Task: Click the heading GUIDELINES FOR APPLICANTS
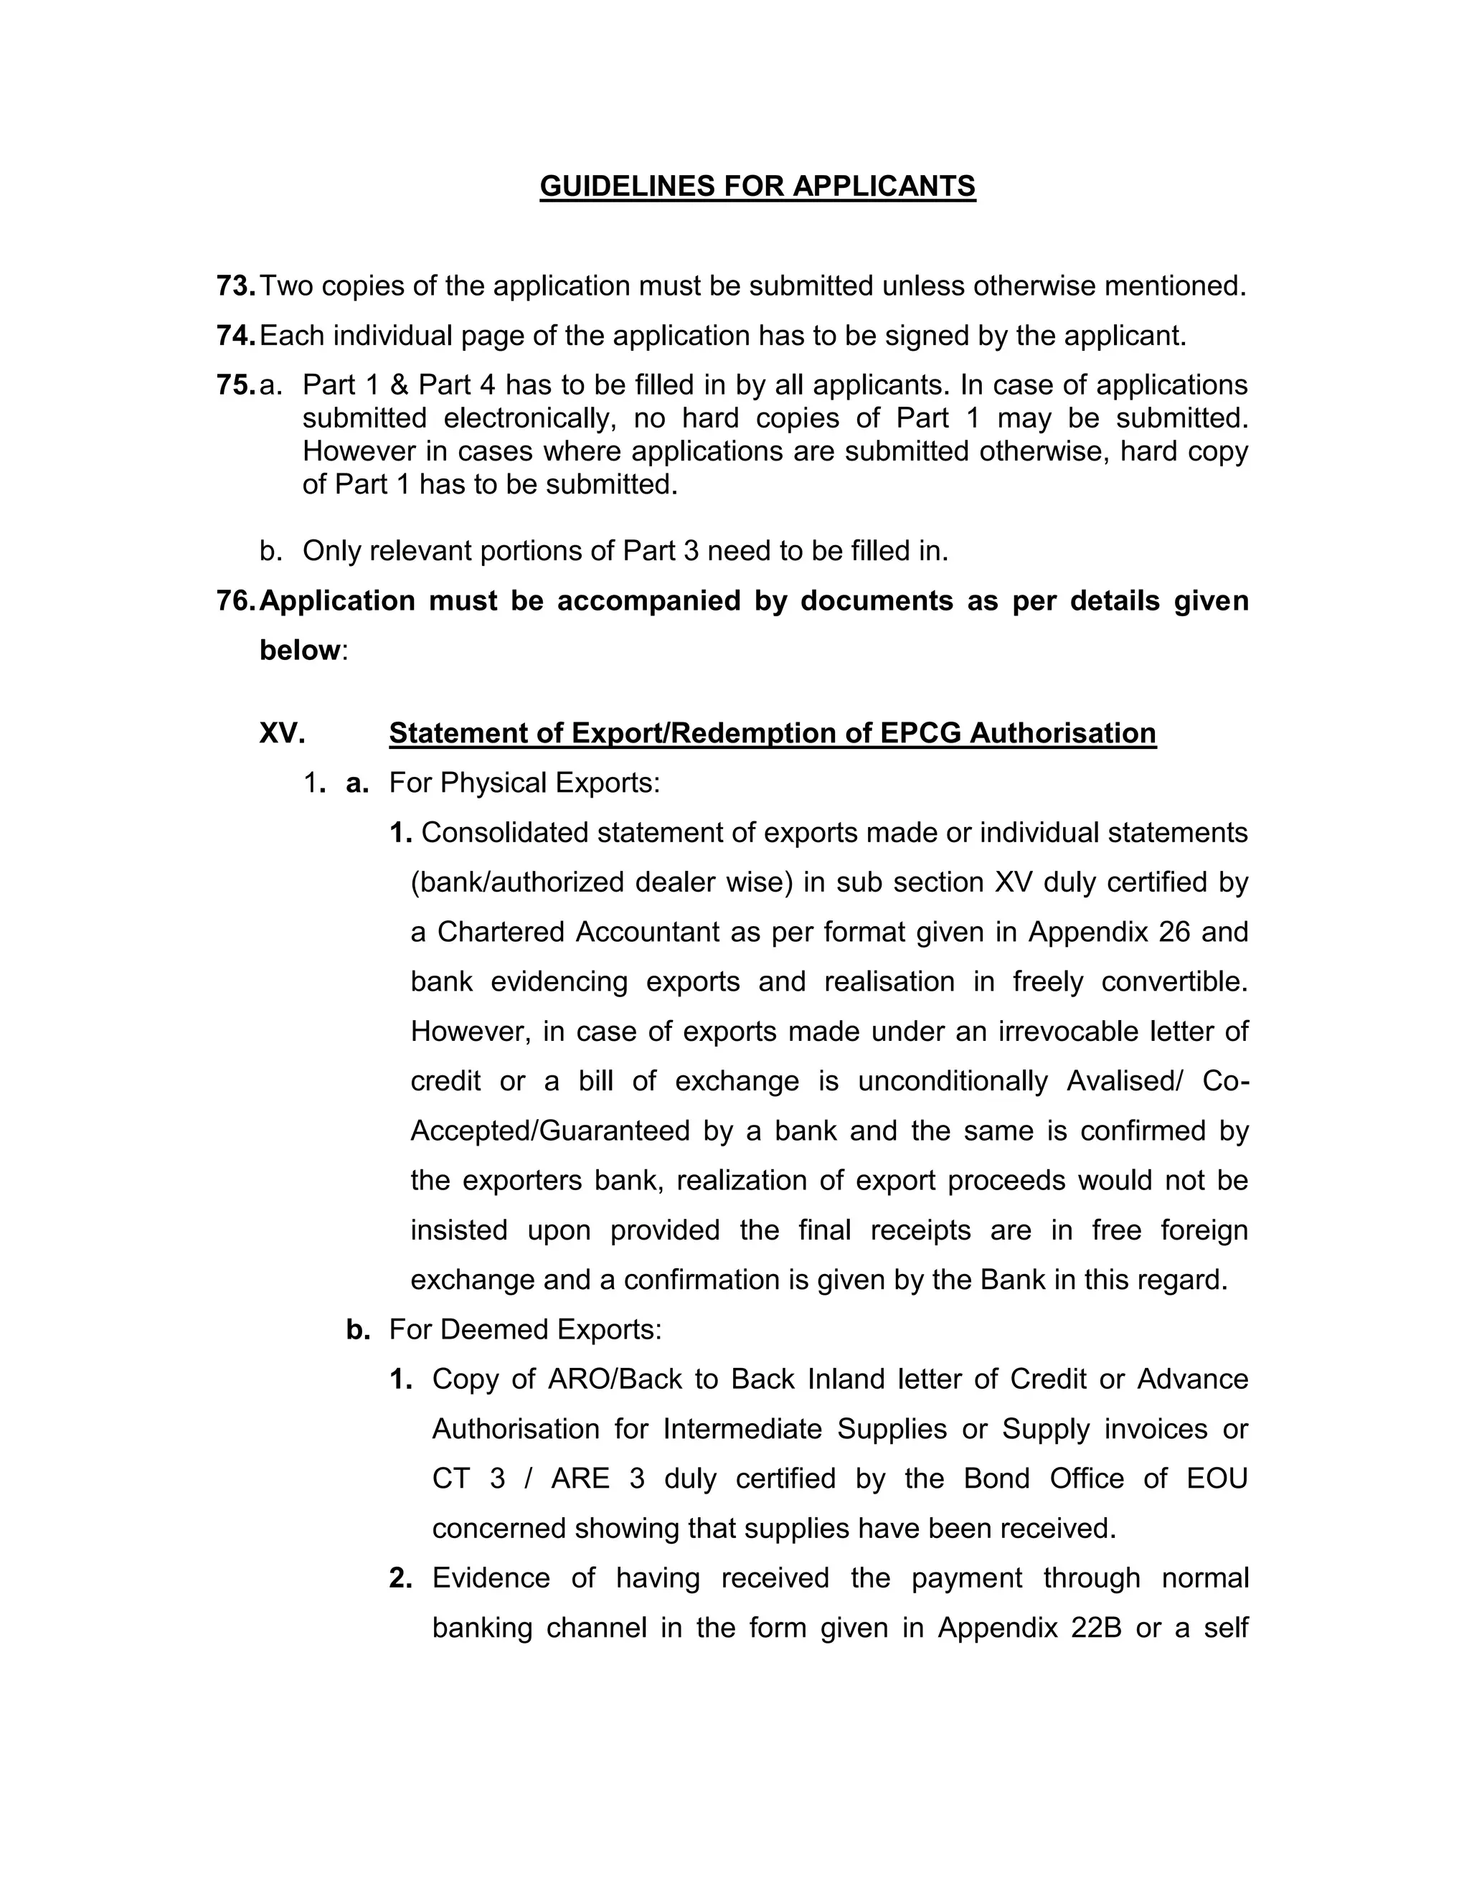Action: (x=757, y=187)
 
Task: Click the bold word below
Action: (x=299, y=650)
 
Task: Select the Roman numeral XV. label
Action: (x=282, y=733)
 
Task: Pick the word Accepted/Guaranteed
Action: (x=551, y=1131)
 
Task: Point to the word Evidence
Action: (x=491, y=1578)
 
